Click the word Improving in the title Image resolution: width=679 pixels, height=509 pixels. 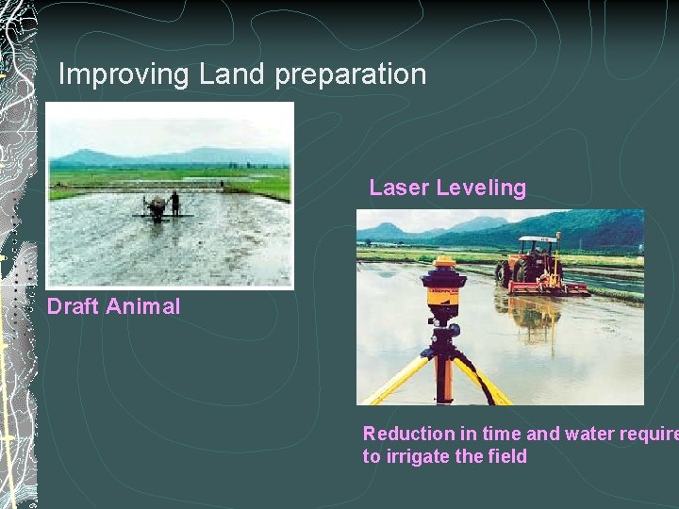point(124,74)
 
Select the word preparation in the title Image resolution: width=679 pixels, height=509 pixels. point(351,75)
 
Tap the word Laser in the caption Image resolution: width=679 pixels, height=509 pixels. point(399,188)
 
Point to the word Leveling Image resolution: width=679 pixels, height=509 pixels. point(481,189)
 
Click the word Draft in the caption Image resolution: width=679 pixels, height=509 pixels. point(73,306)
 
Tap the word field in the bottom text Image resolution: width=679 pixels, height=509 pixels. point(506,457)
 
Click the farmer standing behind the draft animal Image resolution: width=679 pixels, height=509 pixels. point(174,203)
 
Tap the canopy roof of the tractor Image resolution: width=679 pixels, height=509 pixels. point(538,239)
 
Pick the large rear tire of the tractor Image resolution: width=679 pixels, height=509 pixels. point(519,276)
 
